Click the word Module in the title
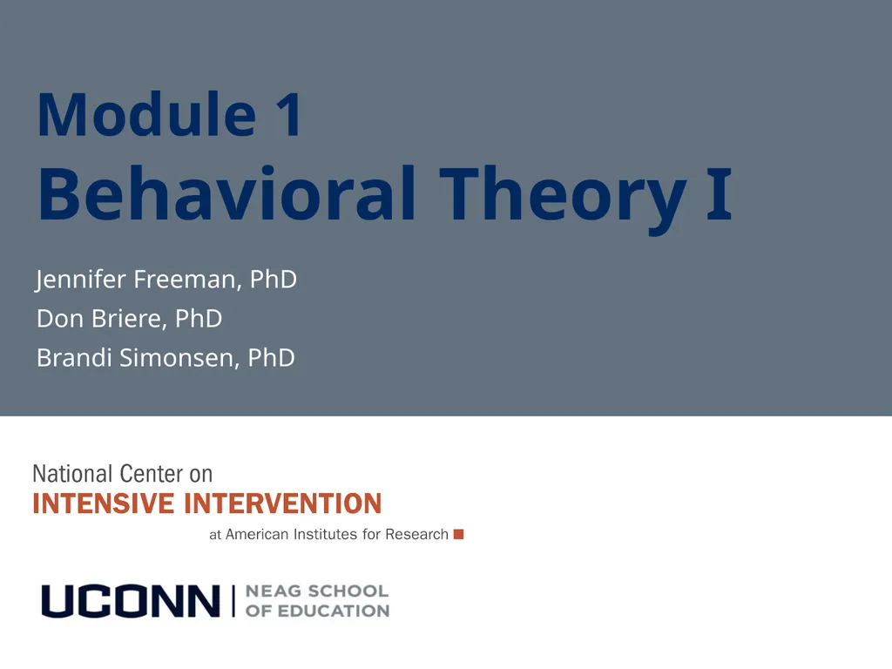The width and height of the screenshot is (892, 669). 146,114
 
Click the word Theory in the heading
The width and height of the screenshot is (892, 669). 564,199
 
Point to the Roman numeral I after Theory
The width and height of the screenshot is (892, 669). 719,193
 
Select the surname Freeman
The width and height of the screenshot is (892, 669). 186,280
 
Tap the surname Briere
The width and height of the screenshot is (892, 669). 129,319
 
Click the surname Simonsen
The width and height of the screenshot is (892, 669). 179,358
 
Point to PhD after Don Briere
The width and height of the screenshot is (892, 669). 199,319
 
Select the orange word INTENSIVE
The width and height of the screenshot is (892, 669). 103,503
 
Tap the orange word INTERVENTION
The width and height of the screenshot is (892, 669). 283,503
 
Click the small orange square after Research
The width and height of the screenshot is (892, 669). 458,534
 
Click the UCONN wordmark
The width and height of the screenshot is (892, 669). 131,601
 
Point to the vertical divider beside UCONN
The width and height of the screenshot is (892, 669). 233,601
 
